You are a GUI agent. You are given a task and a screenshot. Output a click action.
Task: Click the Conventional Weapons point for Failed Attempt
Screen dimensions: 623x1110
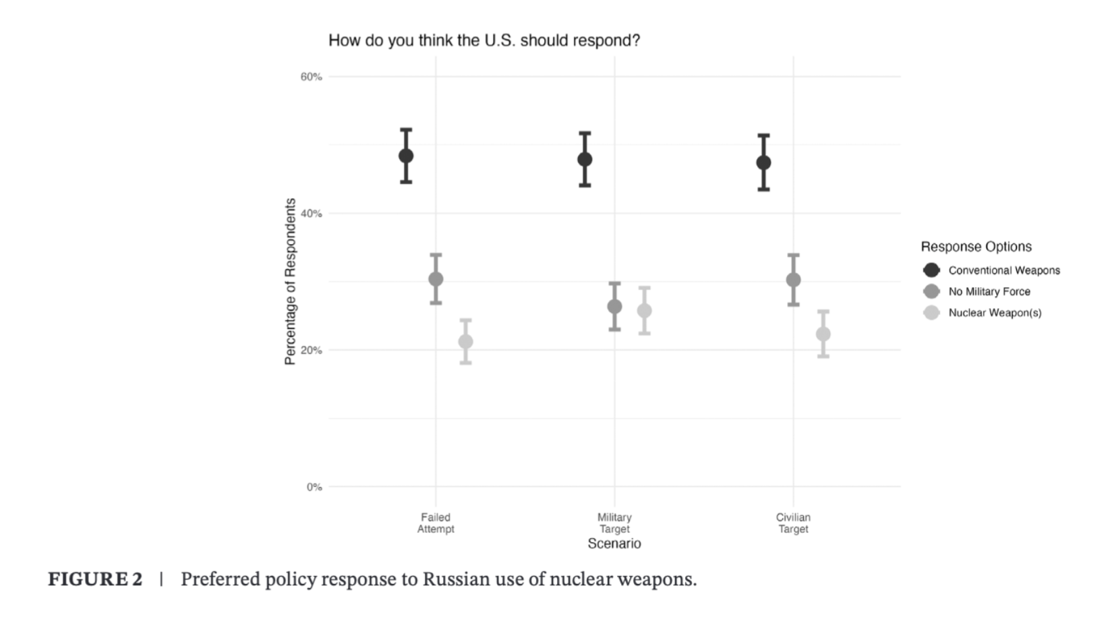(x=406, y=156)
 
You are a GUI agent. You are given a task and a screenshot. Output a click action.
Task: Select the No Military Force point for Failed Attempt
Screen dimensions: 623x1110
(x=436, y=278)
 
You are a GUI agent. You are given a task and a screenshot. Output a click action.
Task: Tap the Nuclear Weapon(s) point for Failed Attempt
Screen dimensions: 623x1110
(x=465, y=342)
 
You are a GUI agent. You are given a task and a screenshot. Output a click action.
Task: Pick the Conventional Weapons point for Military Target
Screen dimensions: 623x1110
(x=585, y=159)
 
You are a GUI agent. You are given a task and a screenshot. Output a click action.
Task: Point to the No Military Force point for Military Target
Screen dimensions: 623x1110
(x=614, y=306)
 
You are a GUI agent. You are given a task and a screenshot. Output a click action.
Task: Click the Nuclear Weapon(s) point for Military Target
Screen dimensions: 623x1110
(x=644, y=311)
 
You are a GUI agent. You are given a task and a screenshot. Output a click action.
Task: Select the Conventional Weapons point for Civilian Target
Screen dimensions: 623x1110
(x=763, y=162)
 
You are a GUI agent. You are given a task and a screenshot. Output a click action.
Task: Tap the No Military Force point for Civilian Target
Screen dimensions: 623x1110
(x=793, y=279)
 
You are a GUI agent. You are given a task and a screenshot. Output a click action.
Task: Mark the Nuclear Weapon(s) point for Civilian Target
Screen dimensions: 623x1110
(x=823, y=334)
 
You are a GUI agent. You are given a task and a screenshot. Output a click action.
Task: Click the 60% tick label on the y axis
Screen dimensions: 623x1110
(x=311, y=77)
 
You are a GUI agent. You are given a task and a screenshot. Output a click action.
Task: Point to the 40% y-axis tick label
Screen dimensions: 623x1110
(x=311, y=214)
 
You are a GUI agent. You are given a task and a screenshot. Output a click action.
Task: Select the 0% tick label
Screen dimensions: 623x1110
(x=314, y=487)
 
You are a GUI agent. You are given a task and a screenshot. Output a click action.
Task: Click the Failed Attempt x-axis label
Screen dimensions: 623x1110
(x=436, y=523)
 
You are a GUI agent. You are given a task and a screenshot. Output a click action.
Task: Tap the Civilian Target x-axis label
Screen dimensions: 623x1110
(x=793, y=523)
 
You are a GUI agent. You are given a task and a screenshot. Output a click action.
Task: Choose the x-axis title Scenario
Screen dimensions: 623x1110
(x=614, y=543)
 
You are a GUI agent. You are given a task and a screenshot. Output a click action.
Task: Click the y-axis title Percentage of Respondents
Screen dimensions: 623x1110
(x=290, y=281)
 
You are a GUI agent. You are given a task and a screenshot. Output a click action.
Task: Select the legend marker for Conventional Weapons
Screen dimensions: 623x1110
(x=931, y=270)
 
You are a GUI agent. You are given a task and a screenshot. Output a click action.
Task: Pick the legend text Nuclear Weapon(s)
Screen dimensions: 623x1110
(x=995, y=313)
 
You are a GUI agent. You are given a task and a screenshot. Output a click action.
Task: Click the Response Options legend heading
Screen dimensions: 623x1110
(x=976, y=247)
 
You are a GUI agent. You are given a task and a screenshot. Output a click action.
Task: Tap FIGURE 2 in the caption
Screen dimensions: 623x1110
(x=95, y=579)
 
